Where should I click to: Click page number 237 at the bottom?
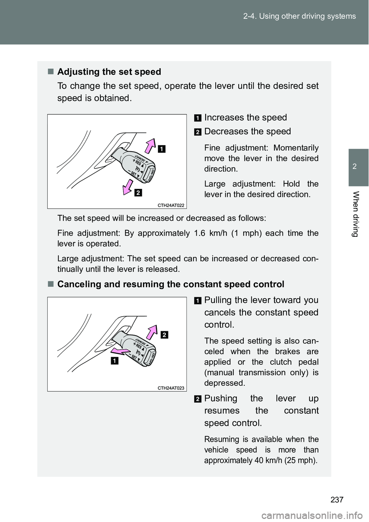(x=337, y=499)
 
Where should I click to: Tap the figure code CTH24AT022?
(x=171, y=205)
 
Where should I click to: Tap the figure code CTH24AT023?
(x=171, y=388)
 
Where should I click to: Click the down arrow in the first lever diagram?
(x=127, y=188)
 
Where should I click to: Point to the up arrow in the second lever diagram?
(x=153, y=332)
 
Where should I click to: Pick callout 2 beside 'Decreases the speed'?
(x=197, y=132)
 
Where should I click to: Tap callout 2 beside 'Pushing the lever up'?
(x=197, y=399)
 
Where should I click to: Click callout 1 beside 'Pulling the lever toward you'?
(x=197, y=301)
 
